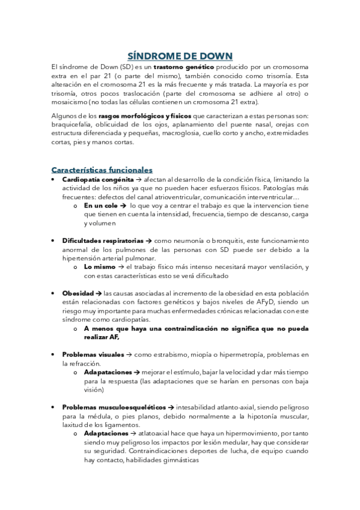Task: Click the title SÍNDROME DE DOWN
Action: (x=180, y=55)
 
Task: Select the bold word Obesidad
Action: (x=78, y=293)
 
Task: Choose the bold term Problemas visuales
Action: (x=93, y=355)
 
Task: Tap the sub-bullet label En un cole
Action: (x=102, y=205)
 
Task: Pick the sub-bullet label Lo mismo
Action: (x=99, y=266)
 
